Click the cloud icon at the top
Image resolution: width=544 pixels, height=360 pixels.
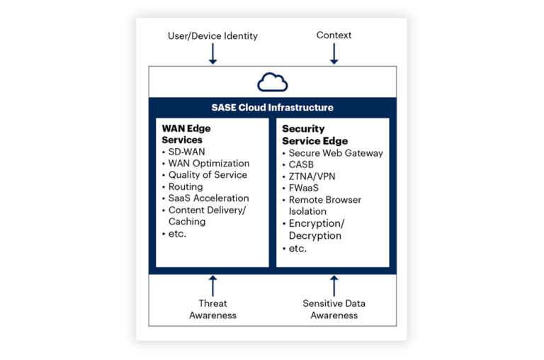point(272,82)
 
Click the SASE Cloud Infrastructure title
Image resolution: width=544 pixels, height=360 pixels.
point(272,108)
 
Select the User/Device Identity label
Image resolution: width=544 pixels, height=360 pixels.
point(212,35)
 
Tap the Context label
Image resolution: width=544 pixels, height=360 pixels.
point(334,35)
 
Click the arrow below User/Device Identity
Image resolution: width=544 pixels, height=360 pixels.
point(212,55)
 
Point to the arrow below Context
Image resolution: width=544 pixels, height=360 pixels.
point(334,55)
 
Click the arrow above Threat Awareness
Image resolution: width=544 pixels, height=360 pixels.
point(212,286)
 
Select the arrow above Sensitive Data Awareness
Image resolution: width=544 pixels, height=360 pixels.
point(334,286)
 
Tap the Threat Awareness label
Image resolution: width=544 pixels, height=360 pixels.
point(212,309)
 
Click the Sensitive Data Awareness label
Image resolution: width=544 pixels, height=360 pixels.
point(334,309)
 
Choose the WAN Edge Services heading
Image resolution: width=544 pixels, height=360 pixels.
point(186,134)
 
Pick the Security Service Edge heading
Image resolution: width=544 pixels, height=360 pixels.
point(314,135)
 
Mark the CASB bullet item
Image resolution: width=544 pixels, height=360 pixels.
point(300,164)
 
